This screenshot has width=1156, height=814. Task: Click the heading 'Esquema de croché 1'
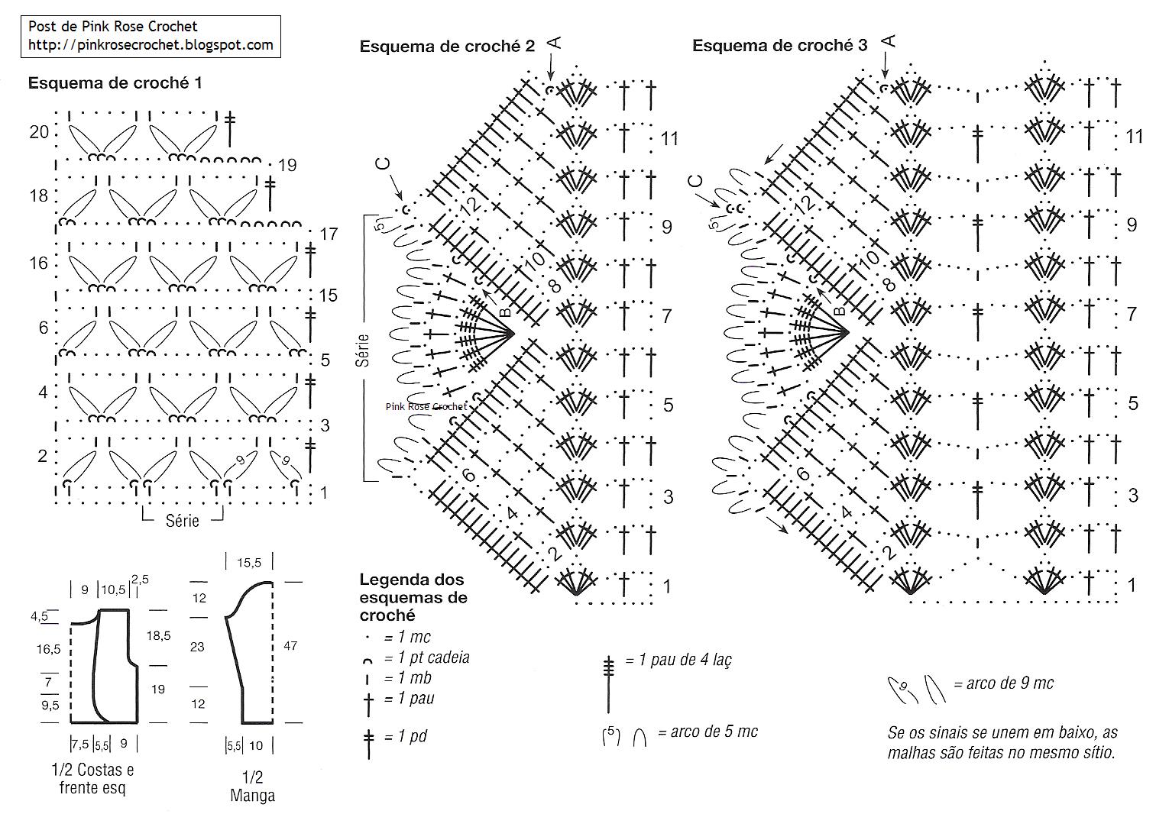pos(115,83)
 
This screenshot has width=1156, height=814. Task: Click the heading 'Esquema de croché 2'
pos(447,47)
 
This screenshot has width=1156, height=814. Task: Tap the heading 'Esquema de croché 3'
pos(779,46)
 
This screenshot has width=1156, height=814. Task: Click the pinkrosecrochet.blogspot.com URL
pos(151,45)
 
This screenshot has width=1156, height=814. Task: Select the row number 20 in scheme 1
pos(39,132)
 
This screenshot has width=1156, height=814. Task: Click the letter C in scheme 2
pos(384,163)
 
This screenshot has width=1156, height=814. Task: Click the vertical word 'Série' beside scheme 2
pos(363,350)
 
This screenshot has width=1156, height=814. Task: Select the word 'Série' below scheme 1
pos(182,521)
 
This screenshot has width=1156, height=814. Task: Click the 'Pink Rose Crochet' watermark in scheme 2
pos(426,407)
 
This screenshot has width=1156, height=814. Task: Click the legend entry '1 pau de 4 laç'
pos(678,660)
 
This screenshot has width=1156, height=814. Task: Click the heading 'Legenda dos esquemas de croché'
pos(413,597)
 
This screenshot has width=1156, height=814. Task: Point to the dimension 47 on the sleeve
pos(290,646)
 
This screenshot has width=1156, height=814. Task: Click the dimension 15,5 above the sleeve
pos(249,563)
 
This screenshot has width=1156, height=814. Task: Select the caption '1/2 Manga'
pos(252,787)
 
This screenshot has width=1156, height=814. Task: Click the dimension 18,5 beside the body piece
pos(158,635)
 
